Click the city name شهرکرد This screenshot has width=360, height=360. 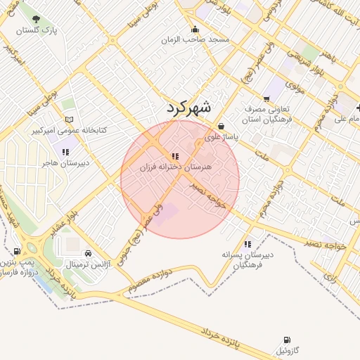(189, 108)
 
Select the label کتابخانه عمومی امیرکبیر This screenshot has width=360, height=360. (67, 131)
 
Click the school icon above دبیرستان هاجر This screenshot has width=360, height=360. (66, 152)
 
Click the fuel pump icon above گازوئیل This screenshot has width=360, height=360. (286, 340)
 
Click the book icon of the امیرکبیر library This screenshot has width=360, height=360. (67, 120)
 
